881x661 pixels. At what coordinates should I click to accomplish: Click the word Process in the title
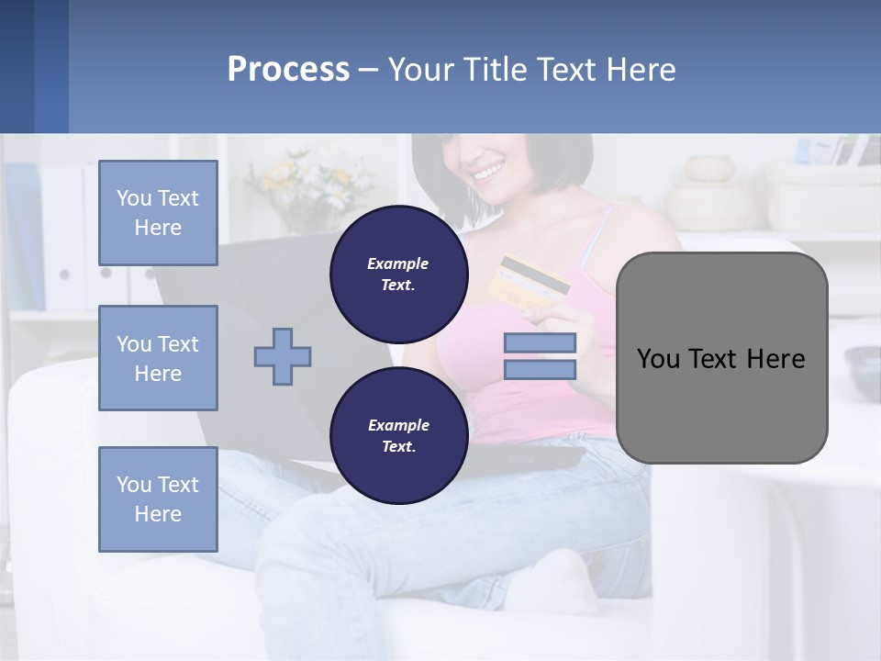click(288, 70)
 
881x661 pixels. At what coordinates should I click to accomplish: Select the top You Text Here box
click(158, 213)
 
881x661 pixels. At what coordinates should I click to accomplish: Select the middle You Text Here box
click(158, 358)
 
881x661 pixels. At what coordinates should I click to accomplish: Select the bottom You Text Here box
click(158, 499)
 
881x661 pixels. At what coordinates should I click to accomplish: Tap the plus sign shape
click(283, 356)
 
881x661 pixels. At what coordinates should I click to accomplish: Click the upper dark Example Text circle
click(398, 274)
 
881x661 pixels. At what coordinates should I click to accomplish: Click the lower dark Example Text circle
click(398, 435)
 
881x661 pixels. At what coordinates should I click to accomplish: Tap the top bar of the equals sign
click(540, 342)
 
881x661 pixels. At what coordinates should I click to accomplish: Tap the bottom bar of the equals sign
click(540, 369)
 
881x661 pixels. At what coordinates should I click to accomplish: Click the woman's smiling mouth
click(487, 172)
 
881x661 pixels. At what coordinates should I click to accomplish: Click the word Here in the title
click(639, 70)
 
